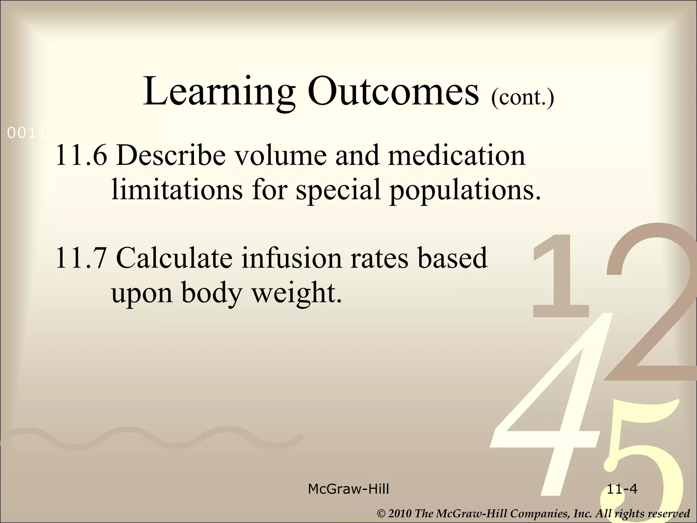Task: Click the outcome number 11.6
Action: pos(81,155)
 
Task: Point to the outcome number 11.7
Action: pos(81,258)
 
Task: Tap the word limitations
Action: pos(177,189)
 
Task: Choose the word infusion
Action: pos(292,258)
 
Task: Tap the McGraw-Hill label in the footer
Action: pos(348,489)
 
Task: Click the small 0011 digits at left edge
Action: pos(26,134)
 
